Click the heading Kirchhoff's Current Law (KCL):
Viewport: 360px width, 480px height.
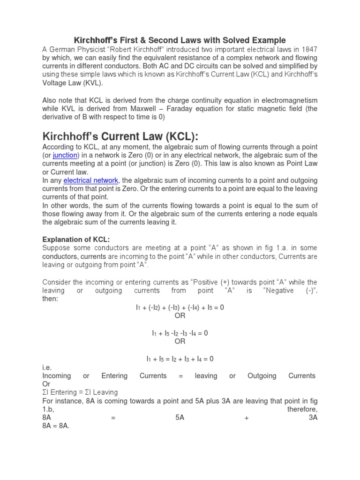coord(120,136)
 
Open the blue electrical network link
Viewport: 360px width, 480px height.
coord(91,180)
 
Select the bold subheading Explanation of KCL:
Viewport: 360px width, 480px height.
coord(76,239)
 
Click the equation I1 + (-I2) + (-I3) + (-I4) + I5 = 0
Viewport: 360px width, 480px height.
coord(180,307)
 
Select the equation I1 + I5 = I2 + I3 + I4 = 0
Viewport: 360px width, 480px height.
coord(180,359)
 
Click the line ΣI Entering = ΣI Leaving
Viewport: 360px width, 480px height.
coord(80,392)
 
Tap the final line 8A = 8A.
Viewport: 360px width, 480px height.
coord(56,426)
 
